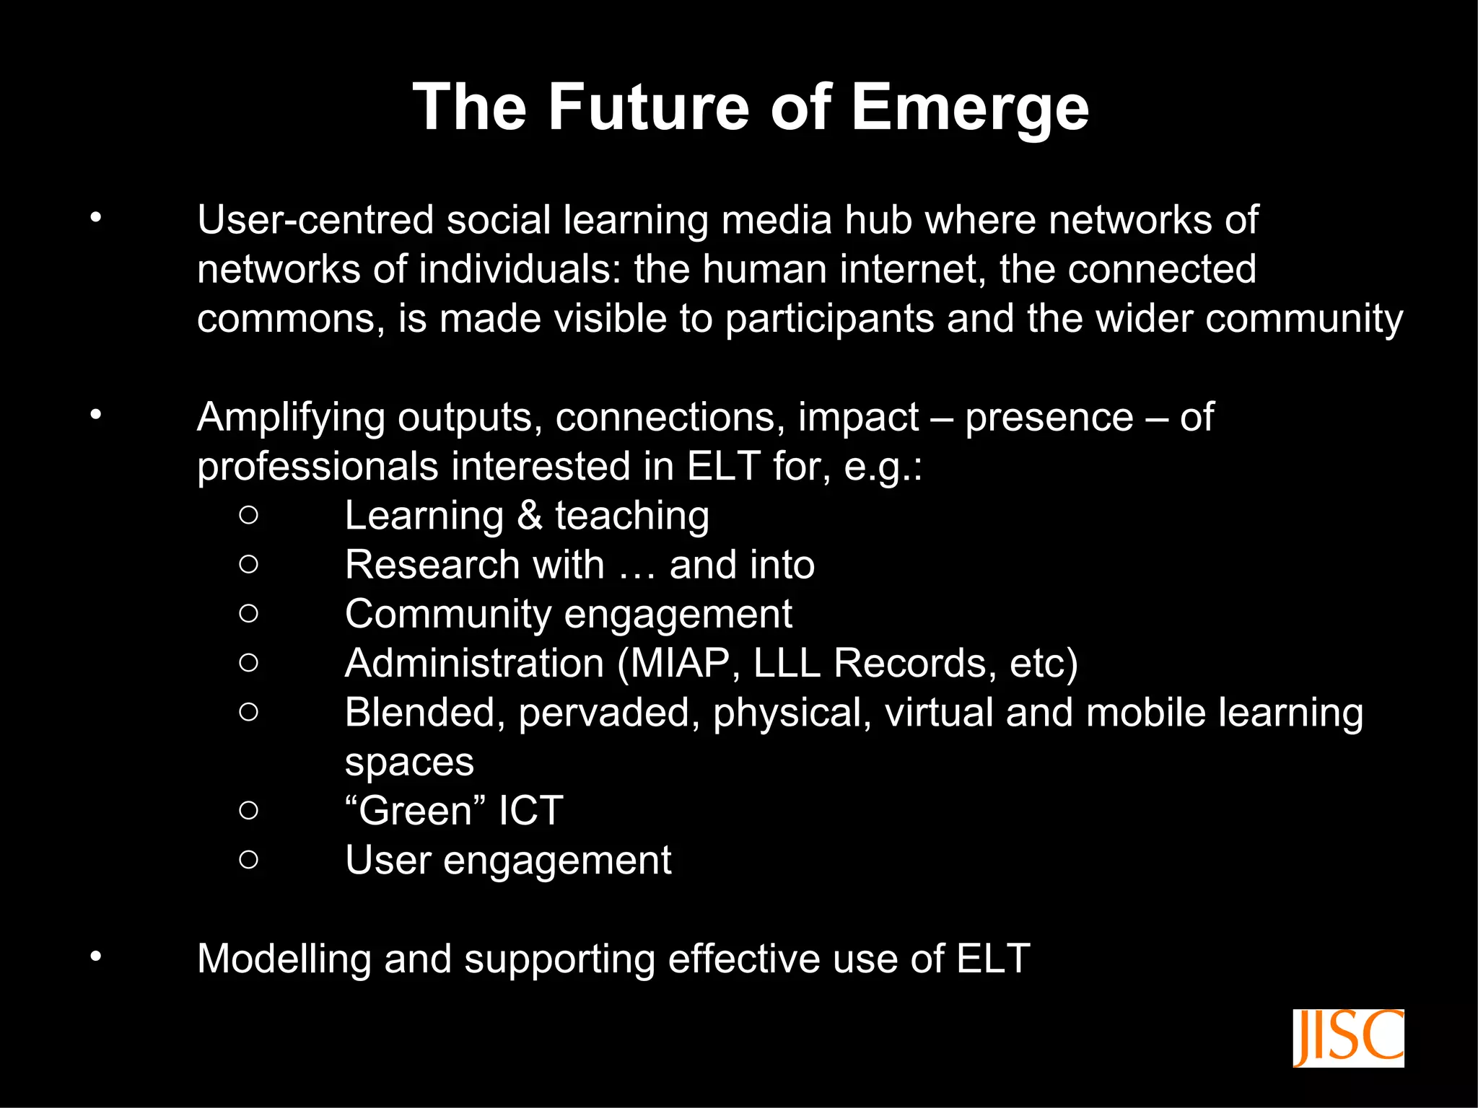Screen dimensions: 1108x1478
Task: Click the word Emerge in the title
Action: pyautogui.click(x=970, y=108)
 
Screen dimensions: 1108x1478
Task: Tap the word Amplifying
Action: pyautogui.click(x=291, y=418)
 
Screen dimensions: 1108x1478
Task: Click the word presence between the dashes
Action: pyautogui.click(x=1049, y=417)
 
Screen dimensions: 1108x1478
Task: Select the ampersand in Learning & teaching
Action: pyautogui.click(x=530, y=516)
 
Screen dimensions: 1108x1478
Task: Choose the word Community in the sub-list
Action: pyautogui.click(x=447, y=615)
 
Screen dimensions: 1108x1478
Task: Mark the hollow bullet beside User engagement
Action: pyautogui.click(x=248, y=859)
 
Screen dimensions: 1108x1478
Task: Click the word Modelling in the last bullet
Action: pyautogui.click(x=284, y=959)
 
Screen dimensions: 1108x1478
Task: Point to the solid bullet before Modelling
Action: pyautogui.click(x=96, y=957)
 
